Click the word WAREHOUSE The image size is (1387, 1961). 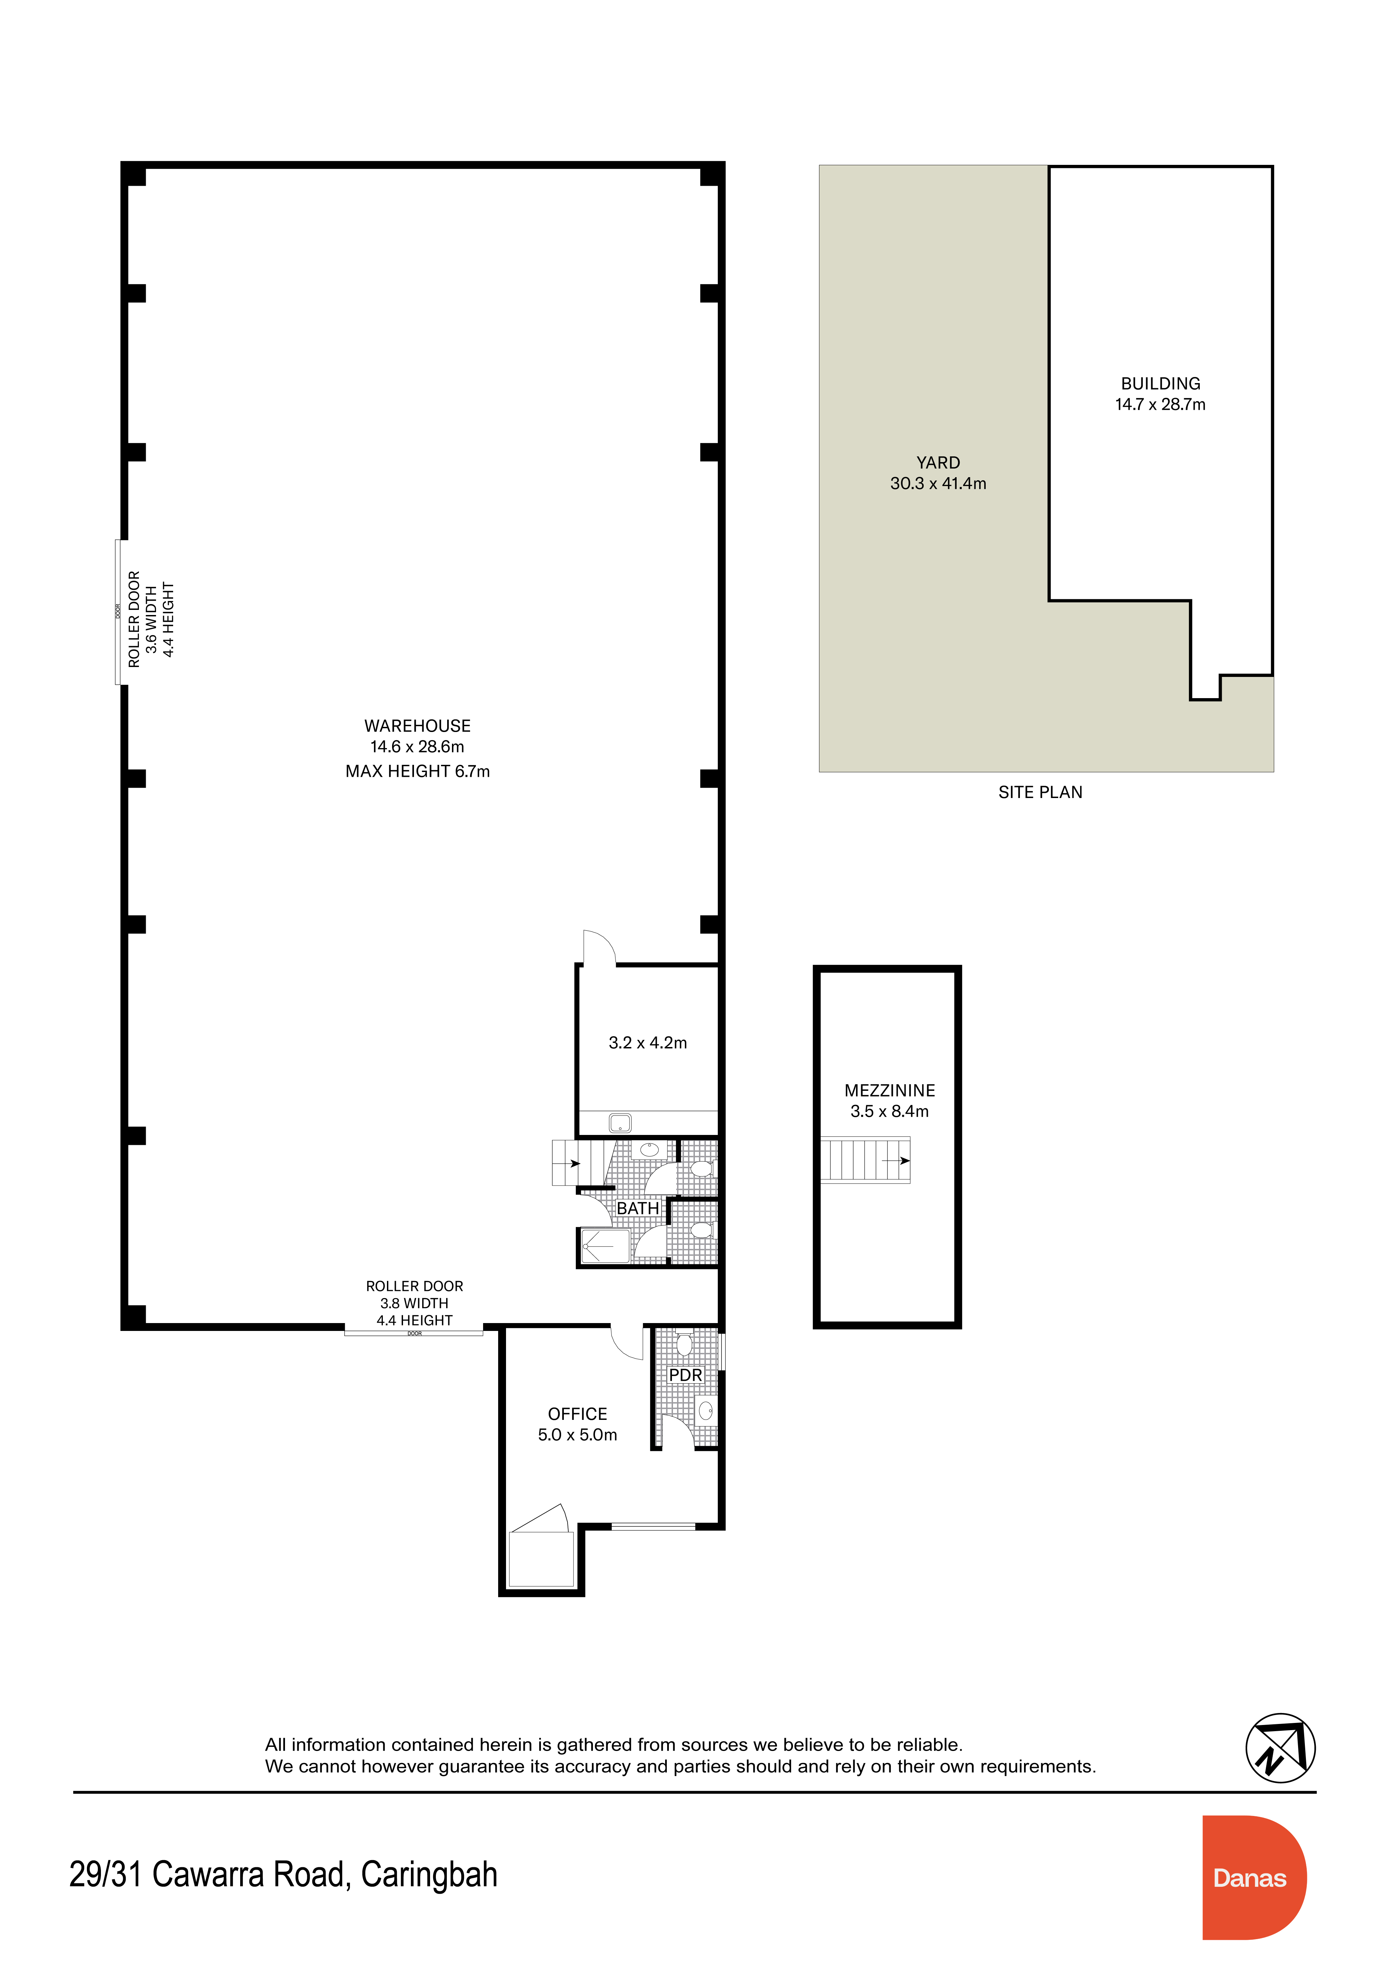[418, 726]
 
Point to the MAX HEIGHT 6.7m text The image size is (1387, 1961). [418, 771]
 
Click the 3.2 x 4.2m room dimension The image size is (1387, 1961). [647, 1043]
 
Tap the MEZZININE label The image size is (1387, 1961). [890, 1091]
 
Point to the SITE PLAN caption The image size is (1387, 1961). [1040, 793]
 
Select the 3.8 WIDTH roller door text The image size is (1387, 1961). [414, 1303]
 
